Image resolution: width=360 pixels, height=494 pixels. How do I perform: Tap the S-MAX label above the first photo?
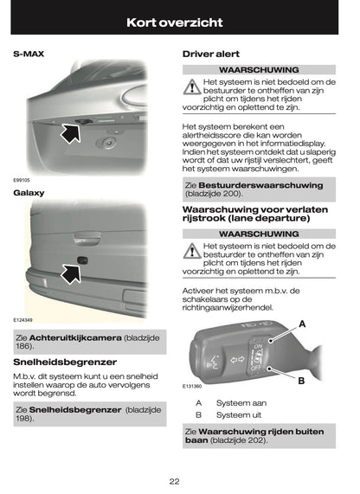29,54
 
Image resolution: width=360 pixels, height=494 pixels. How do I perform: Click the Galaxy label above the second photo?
29,192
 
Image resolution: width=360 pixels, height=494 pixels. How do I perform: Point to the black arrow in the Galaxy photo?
67,275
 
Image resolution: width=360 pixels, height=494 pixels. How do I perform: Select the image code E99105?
22,181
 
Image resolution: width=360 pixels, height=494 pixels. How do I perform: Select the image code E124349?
23,319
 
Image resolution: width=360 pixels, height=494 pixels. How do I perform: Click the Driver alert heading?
211,54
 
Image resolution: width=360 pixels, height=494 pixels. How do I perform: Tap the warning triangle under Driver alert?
190,87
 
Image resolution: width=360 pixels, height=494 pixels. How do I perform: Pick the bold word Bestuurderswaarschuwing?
260,184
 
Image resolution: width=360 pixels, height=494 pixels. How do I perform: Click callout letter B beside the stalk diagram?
302,380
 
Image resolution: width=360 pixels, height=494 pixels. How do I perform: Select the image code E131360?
192,386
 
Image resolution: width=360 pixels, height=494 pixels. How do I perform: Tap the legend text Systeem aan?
241,403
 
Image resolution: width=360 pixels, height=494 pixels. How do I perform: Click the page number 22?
174,481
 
